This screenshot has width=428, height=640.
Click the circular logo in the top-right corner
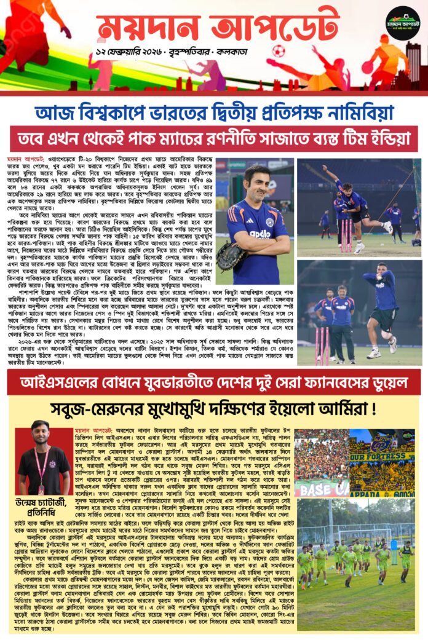(403, 23)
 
